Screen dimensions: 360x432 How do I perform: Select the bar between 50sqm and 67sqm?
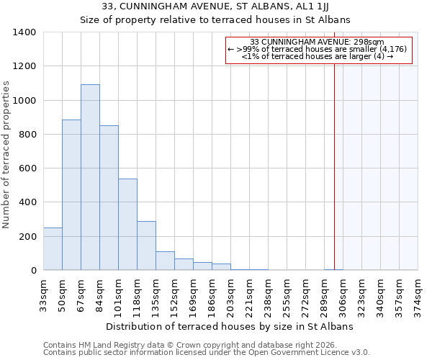click(x=71, y=194)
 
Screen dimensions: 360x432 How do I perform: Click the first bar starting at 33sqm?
click(x=53, y=249)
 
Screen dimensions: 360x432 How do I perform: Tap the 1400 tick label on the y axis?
click(x=24, y=32)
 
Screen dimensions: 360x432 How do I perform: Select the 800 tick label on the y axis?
click(x=27, y=135)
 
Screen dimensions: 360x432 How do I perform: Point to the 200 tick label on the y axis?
click(x=27, y=237)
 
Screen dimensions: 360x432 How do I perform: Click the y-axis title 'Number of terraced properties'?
click(x=7, y=155)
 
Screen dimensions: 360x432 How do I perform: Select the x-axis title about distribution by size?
click(x=230, y=326)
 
